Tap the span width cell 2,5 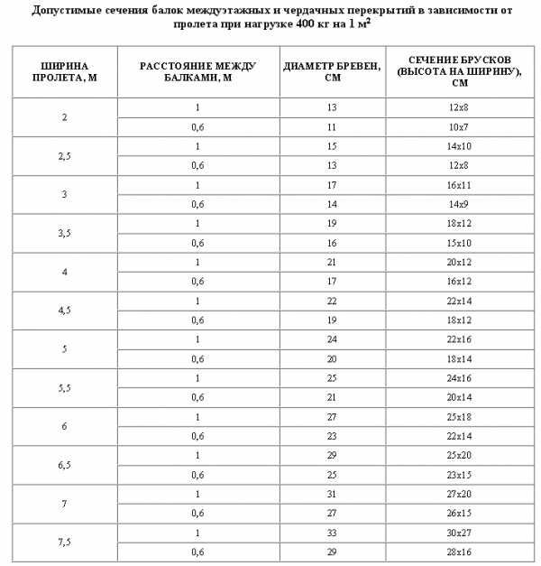click(x=62, y=155)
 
